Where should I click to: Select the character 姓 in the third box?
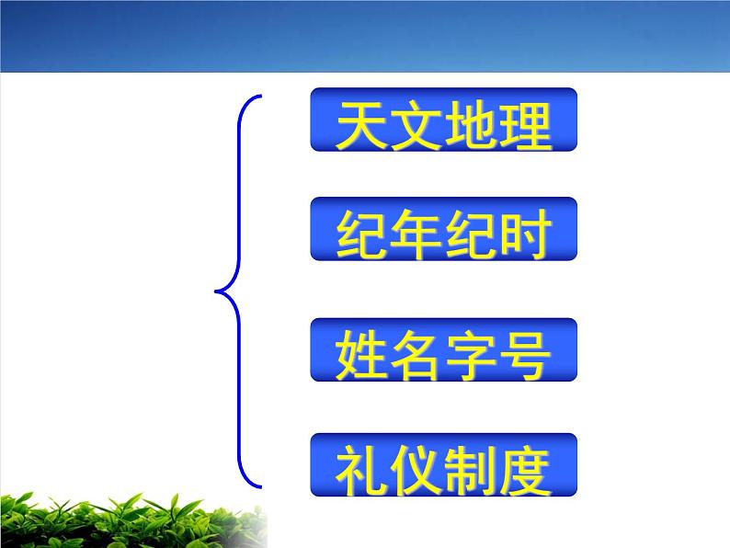(x=361, y=354)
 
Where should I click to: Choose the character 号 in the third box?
(x=525, y=354)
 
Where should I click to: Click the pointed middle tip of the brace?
(x=217, y=293)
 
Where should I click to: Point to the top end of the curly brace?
(x=259, y=97)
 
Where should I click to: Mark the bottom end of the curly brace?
(x=259, y=486)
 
